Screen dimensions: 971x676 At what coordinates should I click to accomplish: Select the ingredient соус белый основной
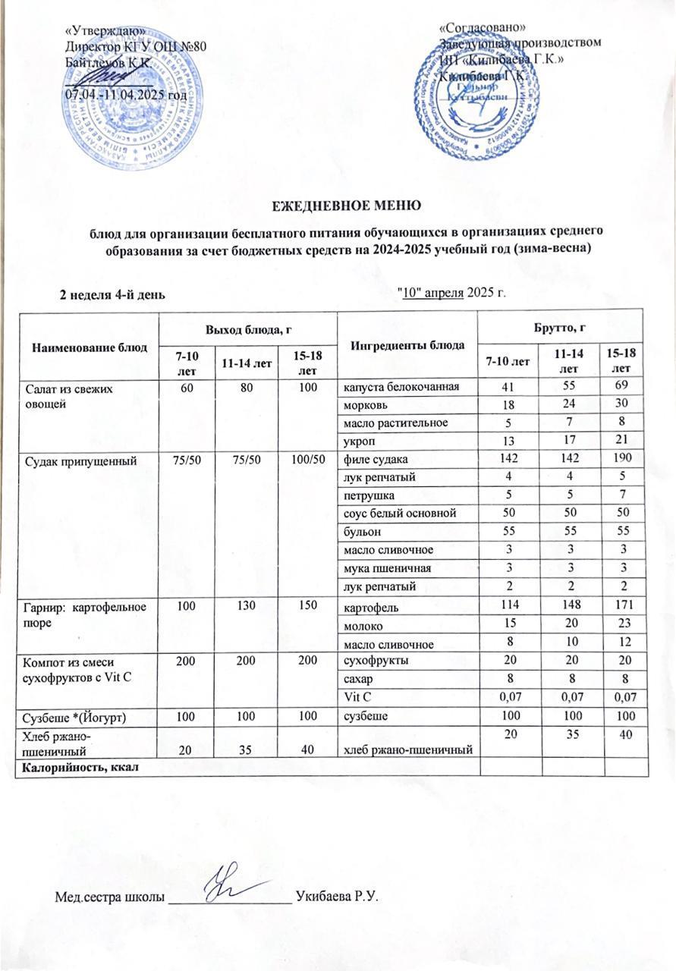399,514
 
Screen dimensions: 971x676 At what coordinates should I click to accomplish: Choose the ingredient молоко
363,626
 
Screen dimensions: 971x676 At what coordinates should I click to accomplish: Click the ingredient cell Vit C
357,695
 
